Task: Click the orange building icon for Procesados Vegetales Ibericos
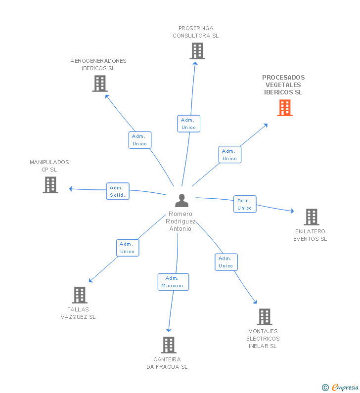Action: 285,108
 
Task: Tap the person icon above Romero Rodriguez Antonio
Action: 182,201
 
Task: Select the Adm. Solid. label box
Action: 118,191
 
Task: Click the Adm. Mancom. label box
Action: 173,282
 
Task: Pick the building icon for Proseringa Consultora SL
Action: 197,51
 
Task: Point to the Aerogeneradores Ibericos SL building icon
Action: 100,84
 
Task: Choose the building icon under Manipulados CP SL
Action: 50,185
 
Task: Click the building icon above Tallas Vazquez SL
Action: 80,295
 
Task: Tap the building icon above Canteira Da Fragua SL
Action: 169,345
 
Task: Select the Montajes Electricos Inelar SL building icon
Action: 265,317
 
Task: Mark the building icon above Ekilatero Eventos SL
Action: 312,217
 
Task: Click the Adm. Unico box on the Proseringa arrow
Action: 189,124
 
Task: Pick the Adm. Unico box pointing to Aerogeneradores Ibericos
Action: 140,140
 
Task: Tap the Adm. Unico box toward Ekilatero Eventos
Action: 245,204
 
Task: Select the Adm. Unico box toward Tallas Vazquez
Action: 128,248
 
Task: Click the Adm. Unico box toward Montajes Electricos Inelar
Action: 226,262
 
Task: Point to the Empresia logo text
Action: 345,387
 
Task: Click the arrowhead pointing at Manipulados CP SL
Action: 71,189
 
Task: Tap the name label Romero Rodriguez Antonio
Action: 180,221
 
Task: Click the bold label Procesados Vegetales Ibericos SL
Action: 283,85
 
